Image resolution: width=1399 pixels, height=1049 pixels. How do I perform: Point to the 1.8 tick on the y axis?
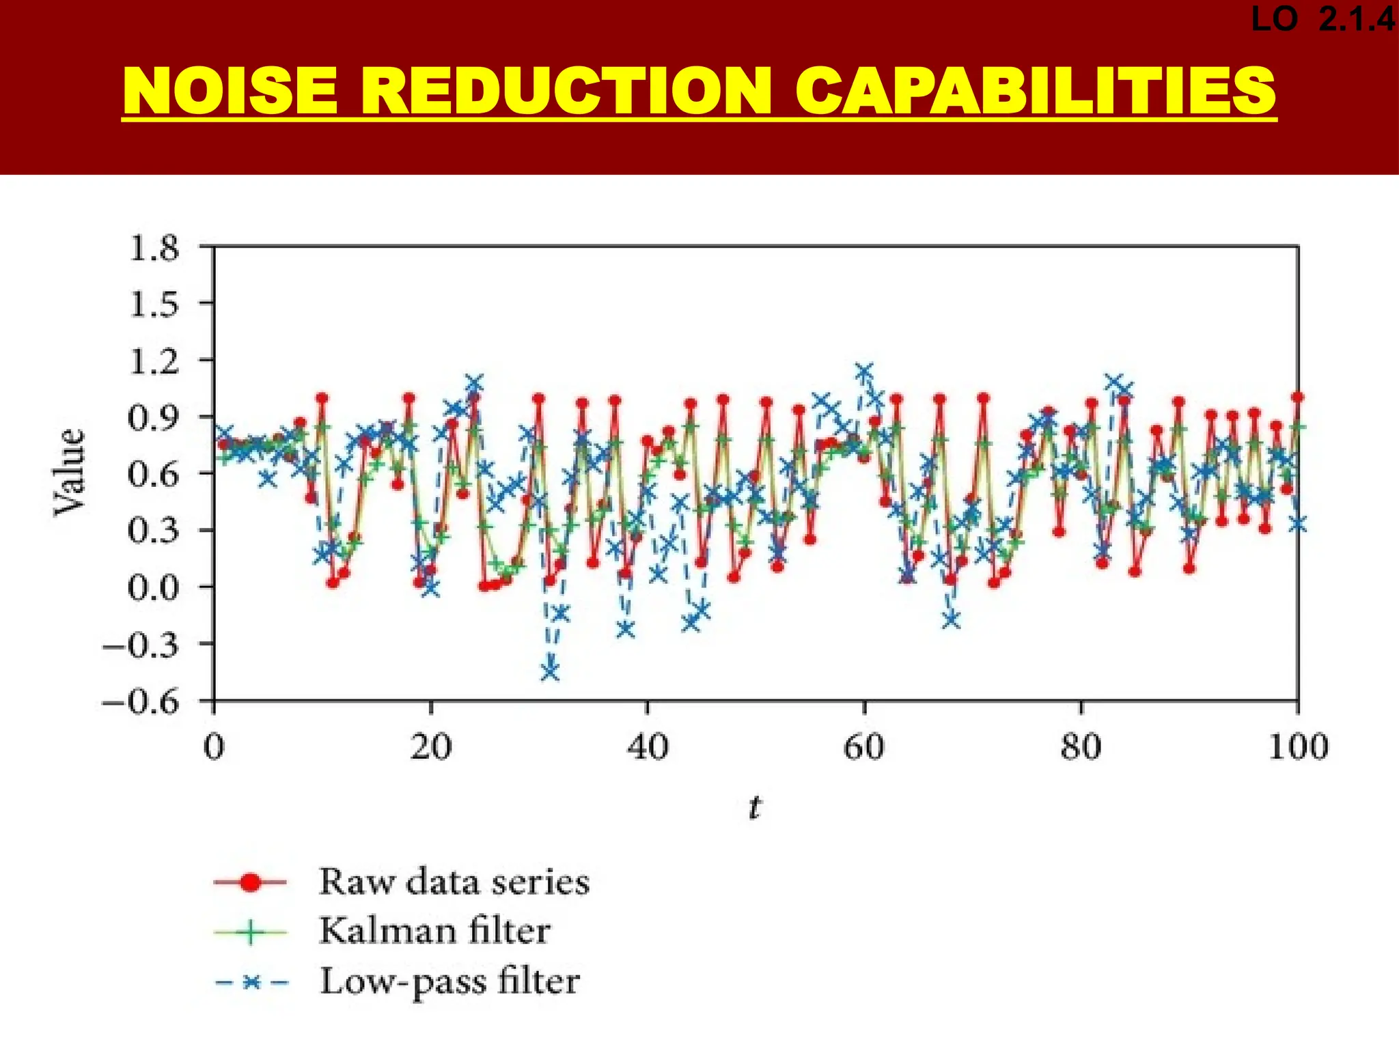pyautogui.click(x=153, y=249)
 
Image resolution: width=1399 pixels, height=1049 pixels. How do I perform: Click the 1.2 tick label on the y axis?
pyautogui.click(x=153, y=361)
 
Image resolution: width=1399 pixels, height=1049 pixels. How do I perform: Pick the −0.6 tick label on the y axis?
pyautogui.click(x=141, y=702)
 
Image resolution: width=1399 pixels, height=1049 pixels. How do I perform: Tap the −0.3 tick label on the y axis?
pyautogui.click(x=141, y=645)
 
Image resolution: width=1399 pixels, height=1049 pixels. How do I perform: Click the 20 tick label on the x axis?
pyautogui.click(x=431, y=747)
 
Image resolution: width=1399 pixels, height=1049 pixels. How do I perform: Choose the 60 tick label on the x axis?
pyautogui.click(x=864, y=747)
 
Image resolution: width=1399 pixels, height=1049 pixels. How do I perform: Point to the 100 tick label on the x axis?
pyautogui.click(x=1297, y=747)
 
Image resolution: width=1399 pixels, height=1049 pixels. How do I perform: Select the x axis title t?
pyautogui.click(x=754, y=808)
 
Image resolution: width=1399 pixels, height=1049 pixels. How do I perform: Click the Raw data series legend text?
pyautogui.click(x=454, y=882)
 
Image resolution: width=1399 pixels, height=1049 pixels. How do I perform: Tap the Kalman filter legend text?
pyautogui.click(x=434, y=931)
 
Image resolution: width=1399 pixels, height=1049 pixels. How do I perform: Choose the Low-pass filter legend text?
pyautogui.click(x=450, y=982)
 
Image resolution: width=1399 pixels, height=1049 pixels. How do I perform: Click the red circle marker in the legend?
pyautogui.click(x=251, y=882)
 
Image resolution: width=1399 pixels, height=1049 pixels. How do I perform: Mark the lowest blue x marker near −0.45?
pyautogui.click(x=550, y=672)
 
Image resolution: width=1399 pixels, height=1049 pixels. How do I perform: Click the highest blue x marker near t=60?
pyautogui.click(x=864, y=372)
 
